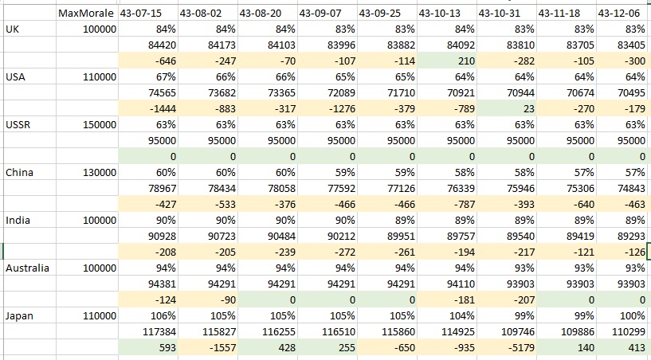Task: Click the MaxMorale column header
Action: click(x=86, y=14)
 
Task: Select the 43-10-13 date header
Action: click(x=439, y=14)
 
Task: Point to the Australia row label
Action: click(x=27, y=268)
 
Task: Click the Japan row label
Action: click(x=19, y=316)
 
